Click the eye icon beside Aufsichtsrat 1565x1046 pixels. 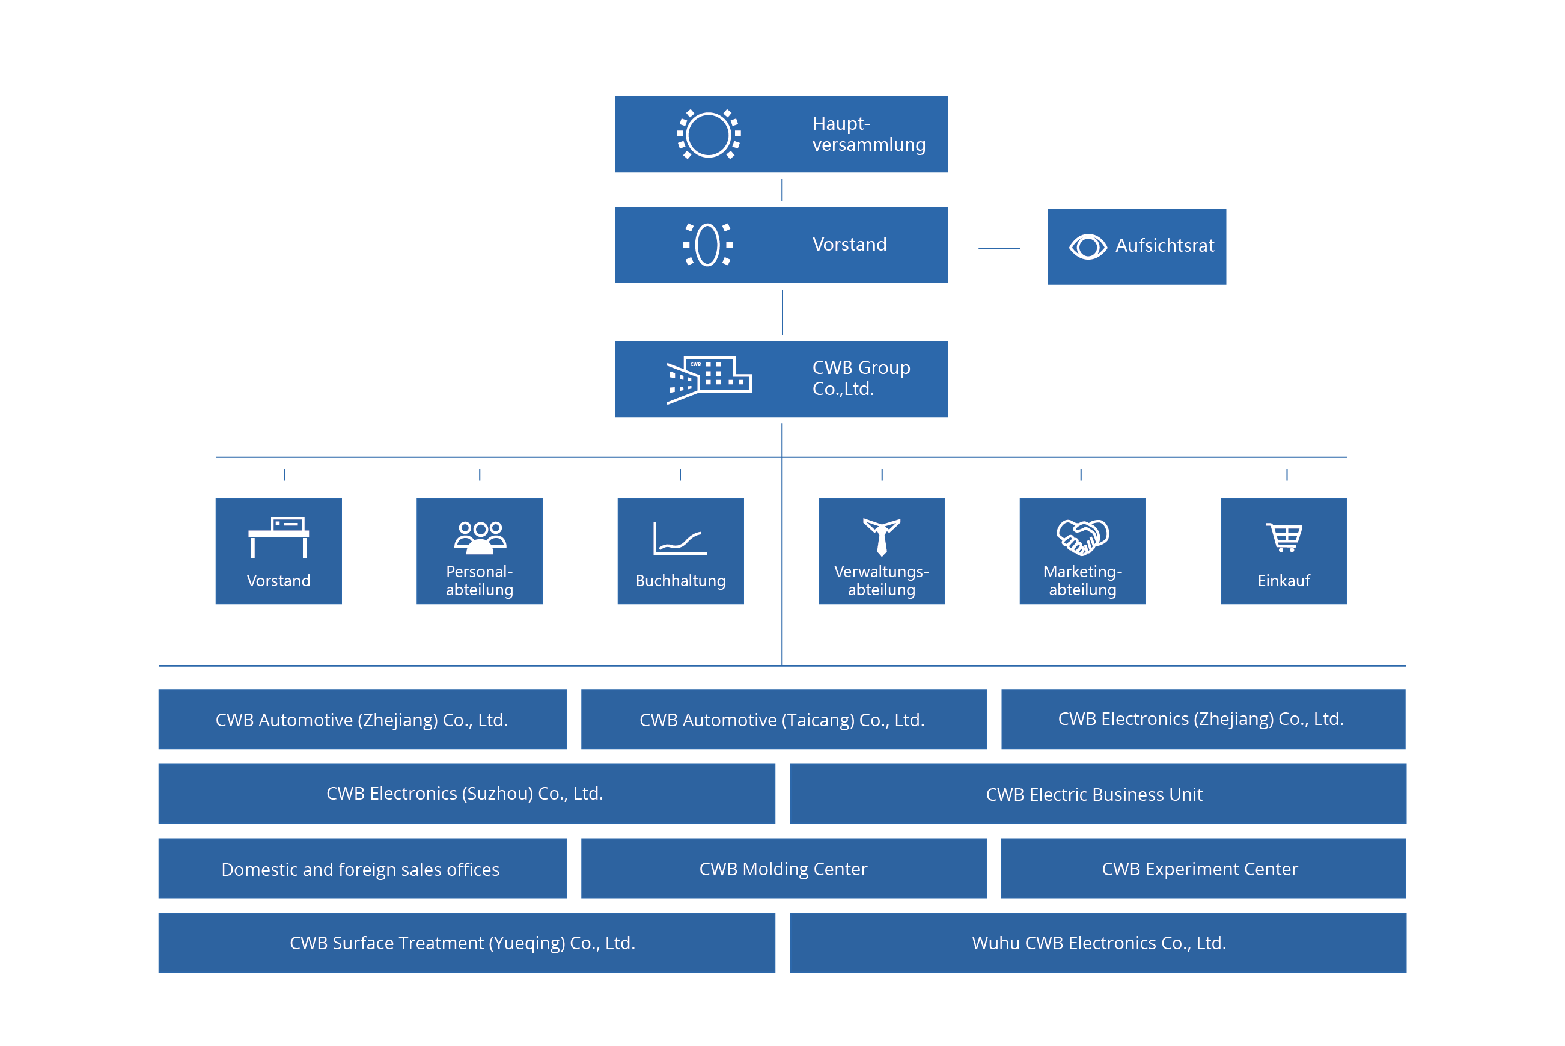click(1088, 247)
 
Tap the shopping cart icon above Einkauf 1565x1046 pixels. click(1284, 537)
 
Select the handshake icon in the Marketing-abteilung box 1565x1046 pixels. click(1082, 537)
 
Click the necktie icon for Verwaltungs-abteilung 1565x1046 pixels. click(882, 537)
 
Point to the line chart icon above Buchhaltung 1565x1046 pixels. click(680, 539)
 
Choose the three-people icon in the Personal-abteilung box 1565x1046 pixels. click(480, 537)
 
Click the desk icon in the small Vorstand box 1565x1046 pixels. click(279, 537)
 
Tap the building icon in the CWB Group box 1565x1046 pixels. click(709, 379)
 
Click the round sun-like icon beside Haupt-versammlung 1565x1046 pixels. click(709, 134)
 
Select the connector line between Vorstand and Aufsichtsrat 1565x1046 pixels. click(999, 248)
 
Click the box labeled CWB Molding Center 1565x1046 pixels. click(784, 868)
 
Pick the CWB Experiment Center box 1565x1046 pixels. click(1203, 868)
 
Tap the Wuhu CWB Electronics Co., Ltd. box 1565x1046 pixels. click(1098, 943)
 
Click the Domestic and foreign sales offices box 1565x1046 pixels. click(363, 868)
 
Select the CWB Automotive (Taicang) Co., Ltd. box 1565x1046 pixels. click(784, 718)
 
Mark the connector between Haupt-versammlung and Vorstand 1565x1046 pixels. click(781, 189)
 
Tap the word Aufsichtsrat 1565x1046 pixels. click(1164, 245)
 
